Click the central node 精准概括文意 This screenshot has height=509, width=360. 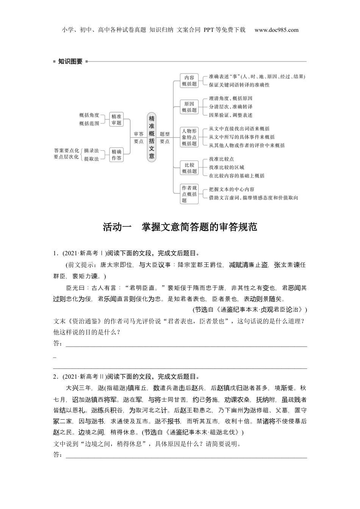click(x=151, y=137)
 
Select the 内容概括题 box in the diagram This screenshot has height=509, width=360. click(x=189, y=80)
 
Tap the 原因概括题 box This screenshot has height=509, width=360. click(x=189, y=107)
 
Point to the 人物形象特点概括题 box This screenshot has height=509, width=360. click(x=189, y=137)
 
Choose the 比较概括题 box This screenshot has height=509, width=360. click(x=189, y=168)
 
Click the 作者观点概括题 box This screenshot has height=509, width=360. click(x=189, y=194)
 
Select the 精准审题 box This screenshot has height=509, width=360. click(x=116, y=120)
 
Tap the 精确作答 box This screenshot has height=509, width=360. click(x=116, y=155)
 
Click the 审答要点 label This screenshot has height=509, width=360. click(x=139, y=137)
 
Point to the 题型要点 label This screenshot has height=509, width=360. click(x=164, y=137)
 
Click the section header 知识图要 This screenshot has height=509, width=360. click(x=70, y=61)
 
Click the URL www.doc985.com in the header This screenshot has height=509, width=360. click(x=276, y=30)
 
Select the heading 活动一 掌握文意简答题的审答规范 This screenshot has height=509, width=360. click(x=180, y=227)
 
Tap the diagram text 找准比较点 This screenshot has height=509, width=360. click(x=221, y=159)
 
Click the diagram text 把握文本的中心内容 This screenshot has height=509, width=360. click(x=232, y=189)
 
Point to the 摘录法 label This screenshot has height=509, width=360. click(x=91, y=150)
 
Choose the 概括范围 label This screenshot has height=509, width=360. click(x=89, y=123)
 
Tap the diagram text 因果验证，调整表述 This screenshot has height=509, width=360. click(x=230, y=115)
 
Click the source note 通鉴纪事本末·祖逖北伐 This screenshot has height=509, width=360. click(x=205, y=432)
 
